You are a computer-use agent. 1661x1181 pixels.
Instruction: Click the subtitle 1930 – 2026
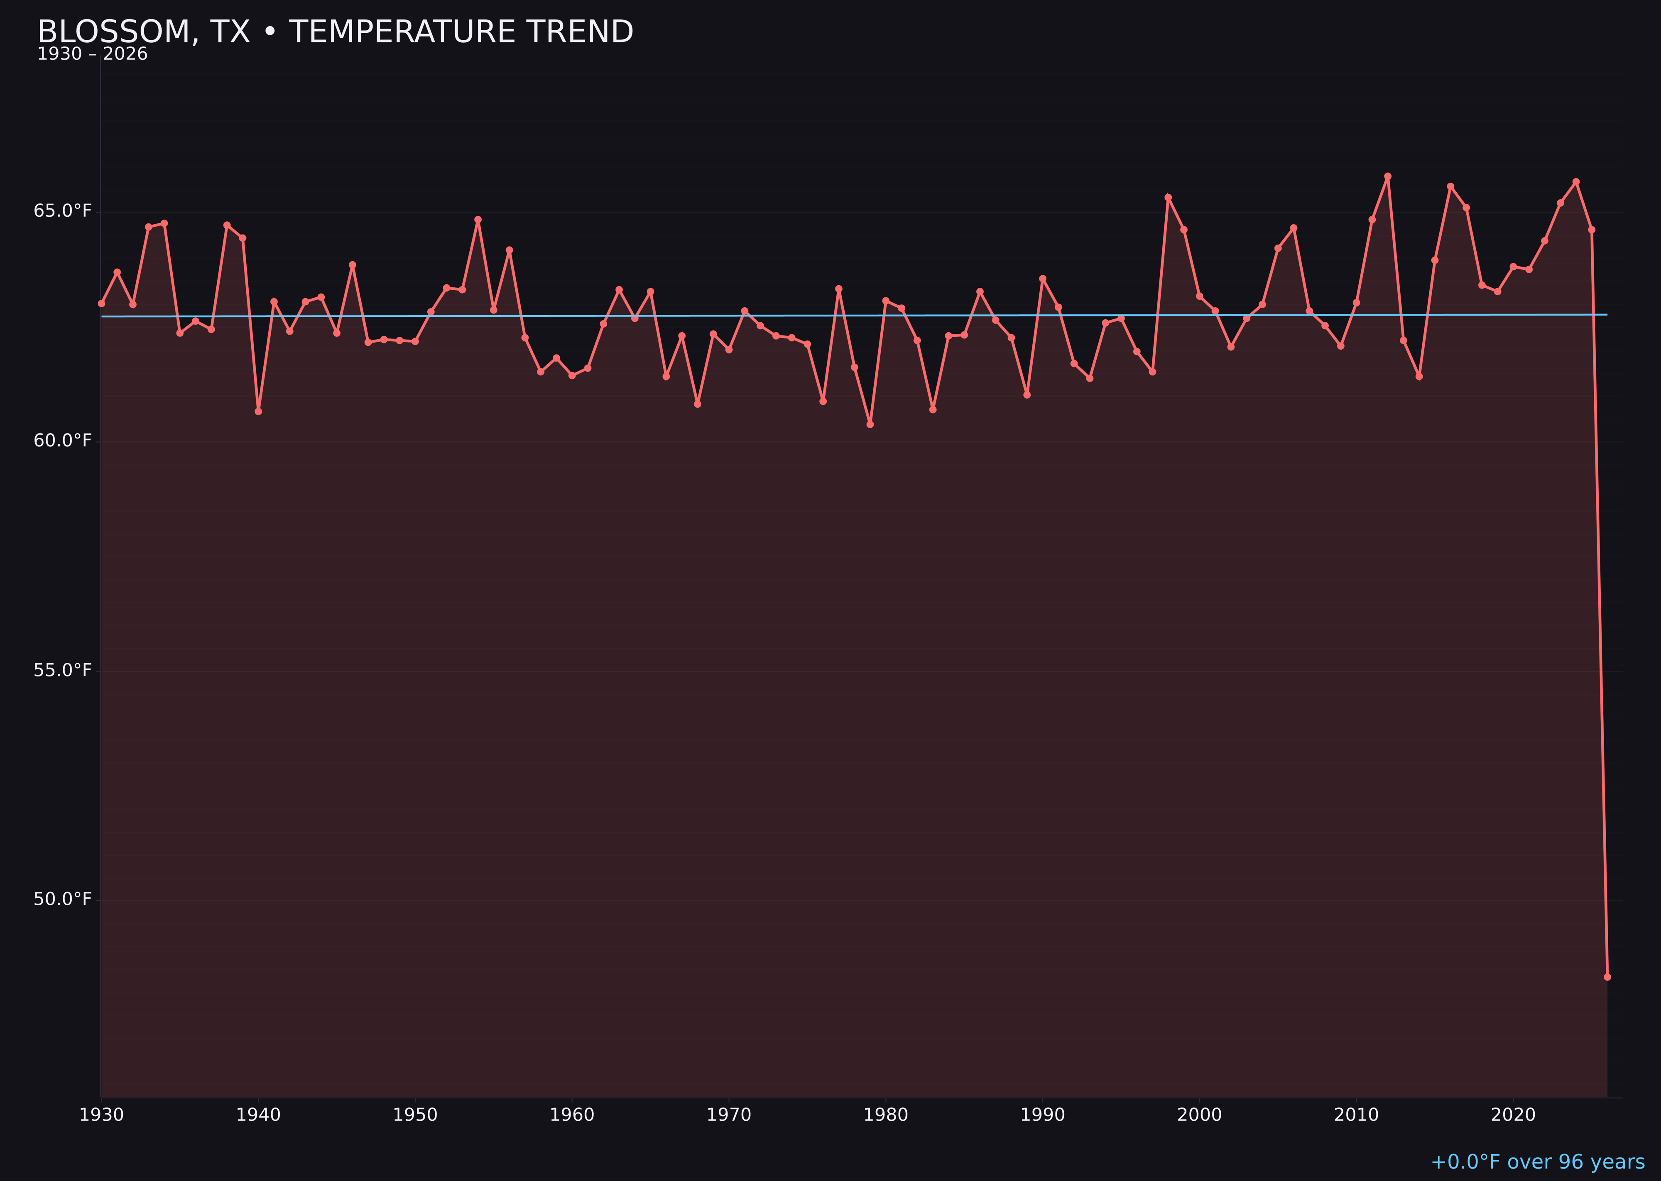pyautogui.click(x=92, y=54)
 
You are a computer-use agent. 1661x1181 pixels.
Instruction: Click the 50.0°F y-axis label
pyautogui.click(x=63, y=899)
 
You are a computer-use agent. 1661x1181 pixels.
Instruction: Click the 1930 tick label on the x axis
pyautogui.click(x=101, y=1115)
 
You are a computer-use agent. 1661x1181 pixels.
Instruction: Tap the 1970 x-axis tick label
pyautogui.click(x=729, y=1115)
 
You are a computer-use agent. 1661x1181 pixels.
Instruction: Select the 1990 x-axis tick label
pyautogui.click(x=1042, y=1115)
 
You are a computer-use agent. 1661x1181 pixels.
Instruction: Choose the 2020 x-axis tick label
pyautogui.click(x=1513, y=1115)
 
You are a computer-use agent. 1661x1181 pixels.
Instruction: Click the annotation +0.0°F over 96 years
pyautogui.click(x=1537, y=1162)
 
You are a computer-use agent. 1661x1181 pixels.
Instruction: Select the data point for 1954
pyautogui.click(x=478, y=220)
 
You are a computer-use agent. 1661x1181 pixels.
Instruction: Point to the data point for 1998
pyautogui.click(x=1168, y=198)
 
